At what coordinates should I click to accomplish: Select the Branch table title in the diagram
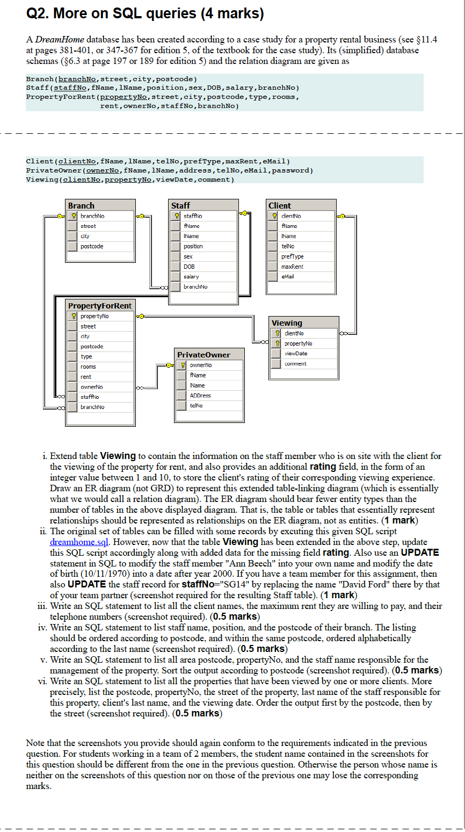pos(81,205)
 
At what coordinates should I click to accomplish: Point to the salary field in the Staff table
pos(191,277)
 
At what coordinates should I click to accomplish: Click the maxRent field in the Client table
pos(292,267)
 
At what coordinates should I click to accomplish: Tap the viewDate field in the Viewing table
pos(296,354)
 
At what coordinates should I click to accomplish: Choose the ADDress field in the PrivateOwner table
pos(200,396)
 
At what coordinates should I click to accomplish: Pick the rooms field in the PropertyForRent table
pos(88,367)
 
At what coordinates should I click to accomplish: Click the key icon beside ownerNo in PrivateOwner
pos(183,365)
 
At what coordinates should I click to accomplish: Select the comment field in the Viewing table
pos(295,364)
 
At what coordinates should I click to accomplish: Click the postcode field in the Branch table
pos(92,246)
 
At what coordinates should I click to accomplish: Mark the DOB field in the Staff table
pos(189,267)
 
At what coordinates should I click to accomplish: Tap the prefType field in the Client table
pos(293,256)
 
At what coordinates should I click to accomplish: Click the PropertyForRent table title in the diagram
pos(99,306)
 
